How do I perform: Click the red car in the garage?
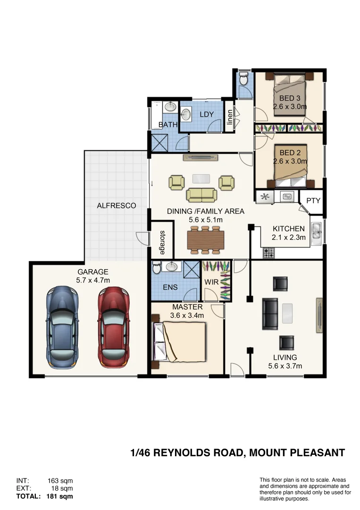tap(113, 328)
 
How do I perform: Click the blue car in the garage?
tap(62, 328)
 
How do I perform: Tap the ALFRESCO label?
tap(117, 206)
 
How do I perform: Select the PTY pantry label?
tap(313, 201)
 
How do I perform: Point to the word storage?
tap(162, 243)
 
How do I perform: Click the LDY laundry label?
tap(207, 114)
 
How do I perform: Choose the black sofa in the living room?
tap(270, 313)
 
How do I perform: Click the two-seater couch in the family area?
tap(202, 194)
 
